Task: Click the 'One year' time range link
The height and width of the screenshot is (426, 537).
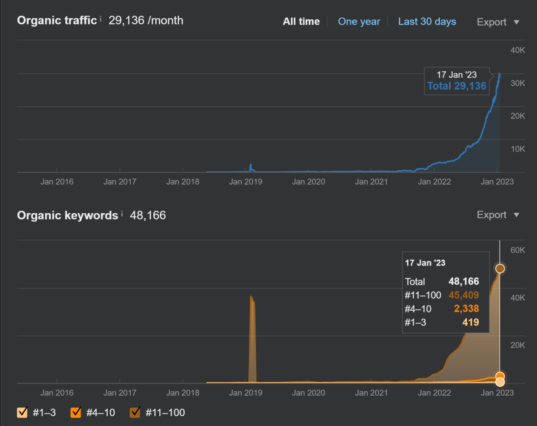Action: click(x=359, y=22)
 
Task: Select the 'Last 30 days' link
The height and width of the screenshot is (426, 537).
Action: click(x=427, y=22)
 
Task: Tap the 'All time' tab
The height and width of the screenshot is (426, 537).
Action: click(x=301, y=22)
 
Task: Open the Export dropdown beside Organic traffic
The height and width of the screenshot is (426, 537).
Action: click(x=498, y=22)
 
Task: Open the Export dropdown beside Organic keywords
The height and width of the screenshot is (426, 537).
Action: click(x=498, y=215)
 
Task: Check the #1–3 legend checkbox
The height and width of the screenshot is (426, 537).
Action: click(x=22, y=412)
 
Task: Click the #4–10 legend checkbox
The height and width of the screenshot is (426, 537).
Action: click(x=76, y=412)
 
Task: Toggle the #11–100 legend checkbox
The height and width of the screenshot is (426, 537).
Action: click(x=135, y=412)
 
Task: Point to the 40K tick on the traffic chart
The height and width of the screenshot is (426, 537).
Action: click(x=518, y=50)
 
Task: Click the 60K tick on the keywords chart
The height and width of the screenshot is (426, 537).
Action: click(x=518, y=250)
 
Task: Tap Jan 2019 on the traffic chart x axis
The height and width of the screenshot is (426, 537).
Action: click(x=246, y=182)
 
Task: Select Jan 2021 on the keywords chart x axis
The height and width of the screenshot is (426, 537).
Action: click(x=371, y=393)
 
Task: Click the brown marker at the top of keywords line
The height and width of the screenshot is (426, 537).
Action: click(x=500, y=269)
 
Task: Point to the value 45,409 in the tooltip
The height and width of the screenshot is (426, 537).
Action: click(x=464, y=295)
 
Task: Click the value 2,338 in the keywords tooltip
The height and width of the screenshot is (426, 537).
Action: click(x=466, y=308)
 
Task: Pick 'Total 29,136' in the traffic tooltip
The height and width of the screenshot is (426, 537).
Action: click(x=456, y=86)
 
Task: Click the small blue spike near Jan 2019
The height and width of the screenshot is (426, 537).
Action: click(x=251, y=167)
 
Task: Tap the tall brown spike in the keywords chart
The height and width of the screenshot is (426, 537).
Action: click(x=252, y=339)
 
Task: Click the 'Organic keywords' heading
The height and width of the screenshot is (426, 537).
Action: click(x=68, y=215)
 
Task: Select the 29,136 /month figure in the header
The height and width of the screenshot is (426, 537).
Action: click(x=146, y=21)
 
